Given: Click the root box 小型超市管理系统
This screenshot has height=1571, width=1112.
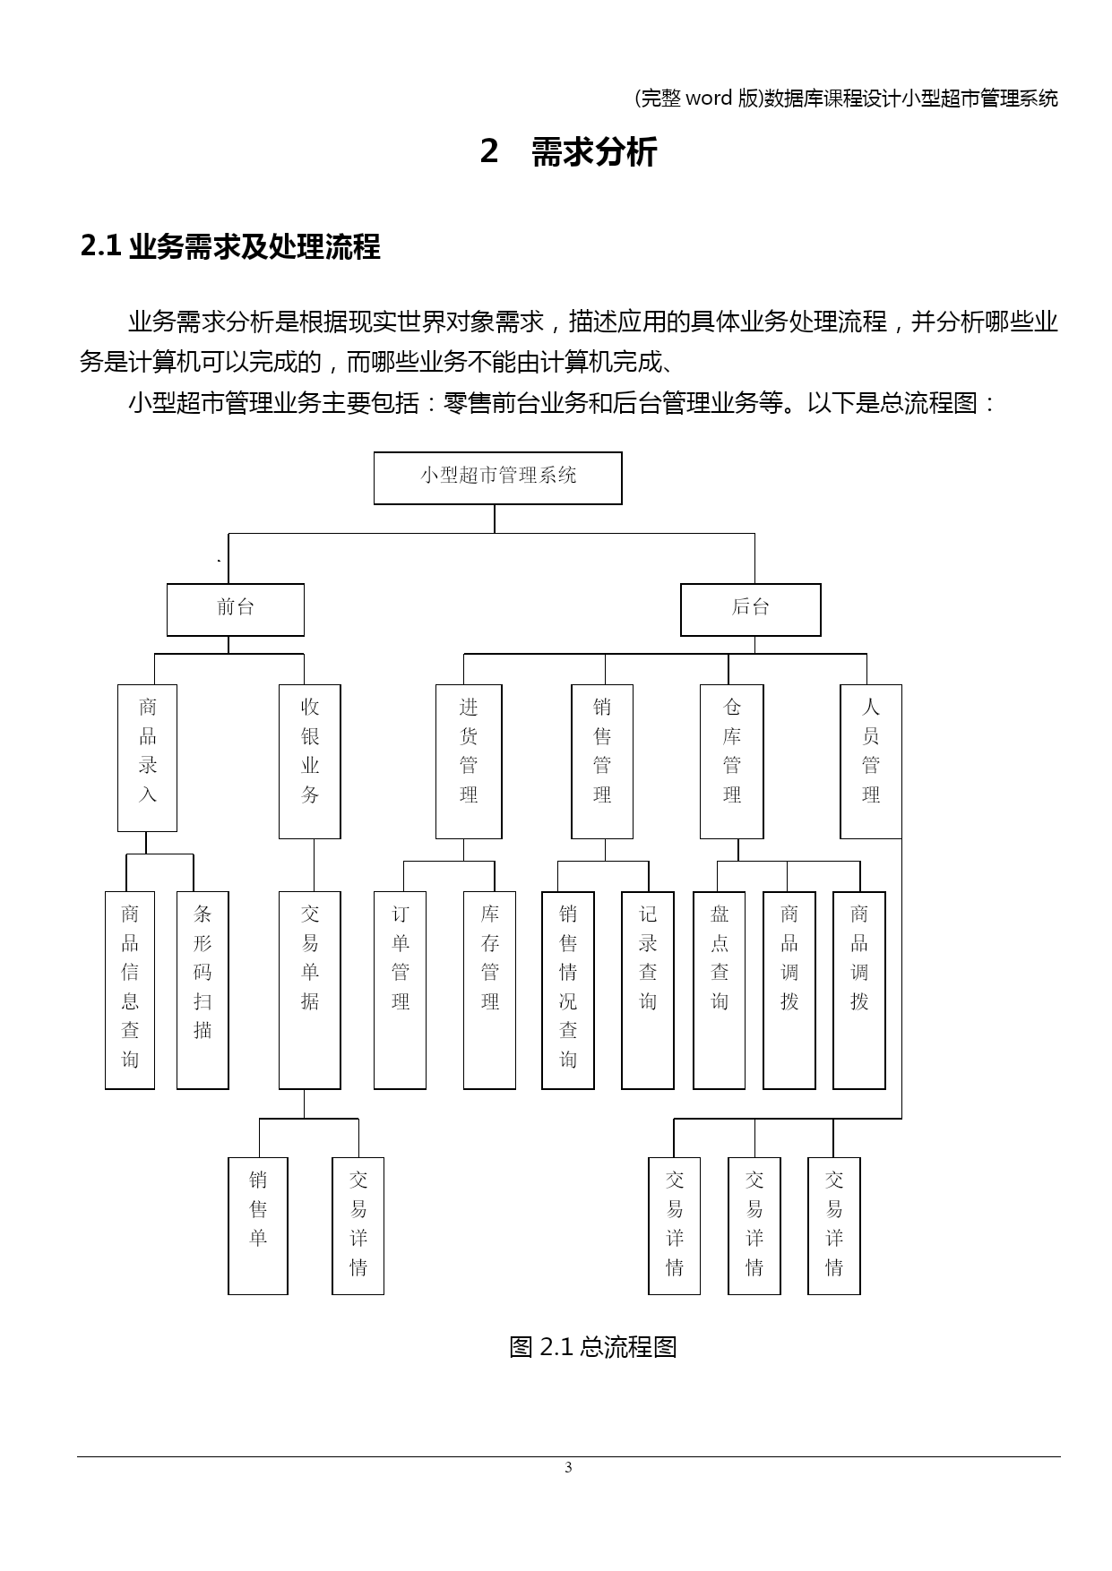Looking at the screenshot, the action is pyautogui.click(x=497, y=478).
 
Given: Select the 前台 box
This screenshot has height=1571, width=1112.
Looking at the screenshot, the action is pyautogui.click(x=236, y=610).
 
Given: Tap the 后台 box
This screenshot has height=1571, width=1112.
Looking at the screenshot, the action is pyautogui.click(x=751, y=610).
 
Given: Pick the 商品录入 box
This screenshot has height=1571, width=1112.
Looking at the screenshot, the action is pyautogui.click(x=148, y=758).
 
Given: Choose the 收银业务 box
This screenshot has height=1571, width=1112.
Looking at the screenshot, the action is pyautogui.click(x=310, y=761).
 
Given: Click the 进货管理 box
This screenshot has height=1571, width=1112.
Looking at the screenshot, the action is pyautogui.click(x=469, y=761).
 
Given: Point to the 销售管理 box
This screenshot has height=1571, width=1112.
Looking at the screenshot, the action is pyautogui.click(x=602, y=761).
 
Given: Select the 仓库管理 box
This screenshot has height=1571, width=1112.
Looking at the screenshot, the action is pyautogui.click(x=732, y=761).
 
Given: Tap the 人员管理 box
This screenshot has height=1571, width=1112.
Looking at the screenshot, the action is pyautogui.click(x=871, y=761).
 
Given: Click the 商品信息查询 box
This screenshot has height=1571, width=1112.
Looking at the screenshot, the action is pyautogui.click(x=130, y=990).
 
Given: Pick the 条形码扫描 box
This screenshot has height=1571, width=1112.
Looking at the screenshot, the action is pyautogui.click(x=203, y=990).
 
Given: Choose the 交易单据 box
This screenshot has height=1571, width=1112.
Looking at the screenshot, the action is pyautogui.click(x=310, y=990).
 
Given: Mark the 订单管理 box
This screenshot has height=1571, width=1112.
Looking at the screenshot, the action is pyautogui.click(x=400, y=990).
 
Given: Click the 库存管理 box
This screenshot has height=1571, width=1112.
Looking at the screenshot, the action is pyautogui.click(x=489, y=990).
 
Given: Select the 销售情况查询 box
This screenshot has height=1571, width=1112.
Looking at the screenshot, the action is pyautogui.click(x=568, y=990).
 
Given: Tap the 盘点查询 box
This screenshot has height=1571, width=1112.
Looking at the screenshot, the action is pyautogui.click(x=720, y=990).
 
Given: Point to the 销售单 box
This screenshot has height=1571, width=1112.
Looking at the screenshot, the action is pyautogui.click(x=258, y=1225).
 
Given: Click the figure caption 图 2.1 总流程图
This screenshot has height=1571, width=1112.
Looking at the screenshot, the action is pyautogui.click(x=592, y=1346).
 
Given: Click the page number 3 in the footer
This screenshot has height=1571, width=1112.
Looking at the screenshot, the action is pyautogui.click(x=568, y=1467).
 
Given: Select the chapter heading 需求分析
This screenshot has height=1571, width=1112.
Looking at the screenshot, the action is pyautogui.click(x=594, y=151).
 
